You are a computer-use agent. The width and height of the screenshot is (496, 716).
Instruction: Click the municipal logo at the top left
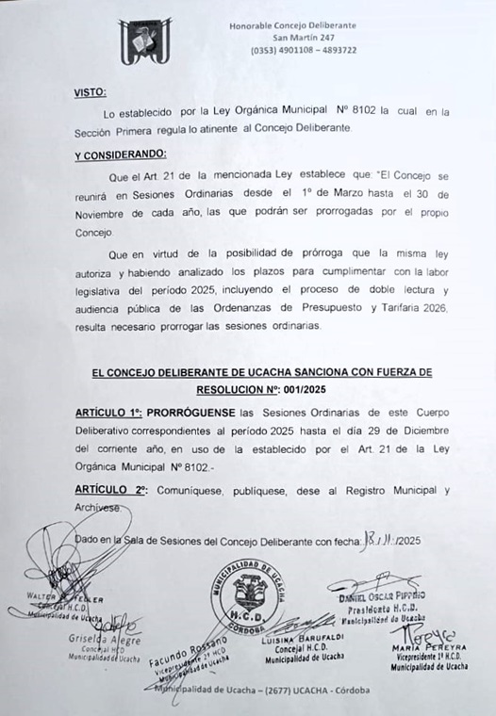144,42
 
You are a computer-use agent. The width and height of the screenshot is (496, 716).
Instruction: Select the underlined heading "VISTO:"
91,92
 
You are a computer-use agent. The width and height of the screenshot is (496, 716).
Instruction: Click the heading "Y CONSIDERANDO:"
120,154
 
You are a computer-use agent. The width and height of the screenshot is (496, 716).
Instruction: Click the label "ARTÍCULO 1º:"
109,414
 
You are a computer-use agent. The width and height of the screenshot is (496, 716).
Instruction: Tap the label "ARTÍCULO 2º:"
109,491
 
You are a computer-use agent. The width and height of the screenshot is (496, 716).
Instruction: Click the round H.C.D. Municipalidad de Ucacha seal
244,594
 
